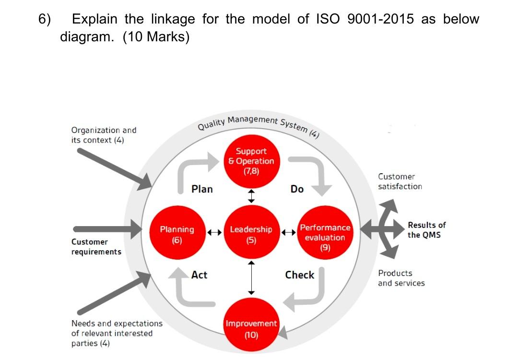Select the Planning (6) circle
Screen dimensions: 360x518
tap(177, 234)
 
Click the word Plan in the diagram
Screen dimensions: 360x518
tap(202, 189)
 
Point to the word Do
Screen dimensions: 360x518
tap(297, 189)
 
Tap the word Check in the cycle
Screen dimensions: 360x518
tap(299, 275)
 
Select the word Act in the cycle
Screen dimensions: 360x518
tap(199, 275)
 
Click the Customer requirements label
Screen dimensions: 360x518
tap(96, 247)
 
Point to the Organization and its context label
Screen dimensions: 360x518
tap(104, 135)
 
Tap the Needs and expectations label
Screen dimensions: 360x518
tap(117, 333)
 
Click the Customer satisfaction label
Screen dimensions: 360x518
tap(400, 181)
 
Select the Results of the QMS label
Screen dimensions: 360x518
tap(426, 229)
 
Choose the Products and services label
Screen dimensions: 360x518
tap(401, 278)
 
